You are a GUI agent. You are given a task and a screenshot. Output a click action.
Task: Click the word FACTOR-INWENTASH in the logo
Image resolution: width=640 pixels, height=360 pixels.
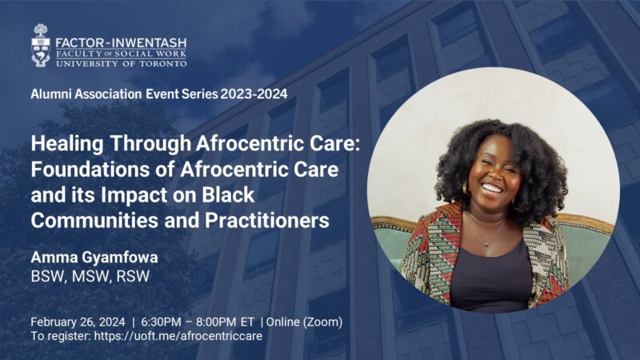[121, 43]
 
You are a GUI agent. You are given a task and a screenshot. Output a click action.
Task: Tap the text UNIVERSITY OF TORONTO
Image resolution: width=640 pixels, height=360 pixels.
[122, 64]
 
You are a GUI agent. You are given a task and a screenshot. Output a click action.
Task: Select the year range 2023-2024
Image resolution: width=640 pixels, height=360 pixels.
[254, 94]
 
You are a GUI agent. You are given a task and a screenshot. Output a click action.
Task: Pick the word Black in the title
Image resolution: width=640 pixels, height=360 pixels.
[228, 194]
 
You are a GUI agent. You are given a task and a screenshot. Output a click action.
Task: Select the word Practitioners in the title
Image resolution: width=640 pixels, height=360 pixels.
[267, 221]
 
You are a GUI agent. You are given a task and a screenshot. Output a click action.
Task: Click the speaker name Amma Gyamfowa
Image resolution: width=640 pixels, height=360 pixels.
[94, 258]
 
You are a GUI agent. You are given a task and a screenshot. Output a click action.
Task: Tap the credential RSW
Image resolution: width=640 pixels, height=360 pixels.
[133, 276]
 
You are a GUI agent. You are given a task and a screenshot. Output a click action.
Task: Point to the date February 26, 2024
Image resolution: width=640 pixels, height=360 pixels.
[78, 322]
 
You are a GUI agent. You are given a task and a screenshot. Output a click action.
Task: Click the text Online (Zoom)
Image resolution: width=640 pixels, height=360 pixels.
[304, 322]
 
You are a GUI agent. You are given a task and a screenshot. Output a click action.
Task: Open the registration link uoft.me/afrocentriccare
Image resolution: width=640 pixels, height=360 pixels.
[178, 336]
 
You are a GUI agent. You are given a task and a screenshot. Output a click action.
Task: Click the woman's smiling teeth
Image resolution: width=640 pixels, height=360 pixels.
[492, 188]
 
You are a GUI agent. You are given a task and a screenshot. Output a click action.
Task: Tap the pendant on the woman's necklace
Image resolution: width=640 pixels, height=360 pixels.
[485, 244]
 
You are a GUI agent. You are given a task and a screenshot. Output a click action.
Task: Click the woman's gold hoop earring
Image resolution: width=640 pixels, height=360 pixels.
[465, 189]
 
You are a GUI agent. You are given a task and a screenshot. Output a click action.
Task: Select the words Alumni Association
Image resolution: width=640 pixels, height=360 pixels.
[86, 94]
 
